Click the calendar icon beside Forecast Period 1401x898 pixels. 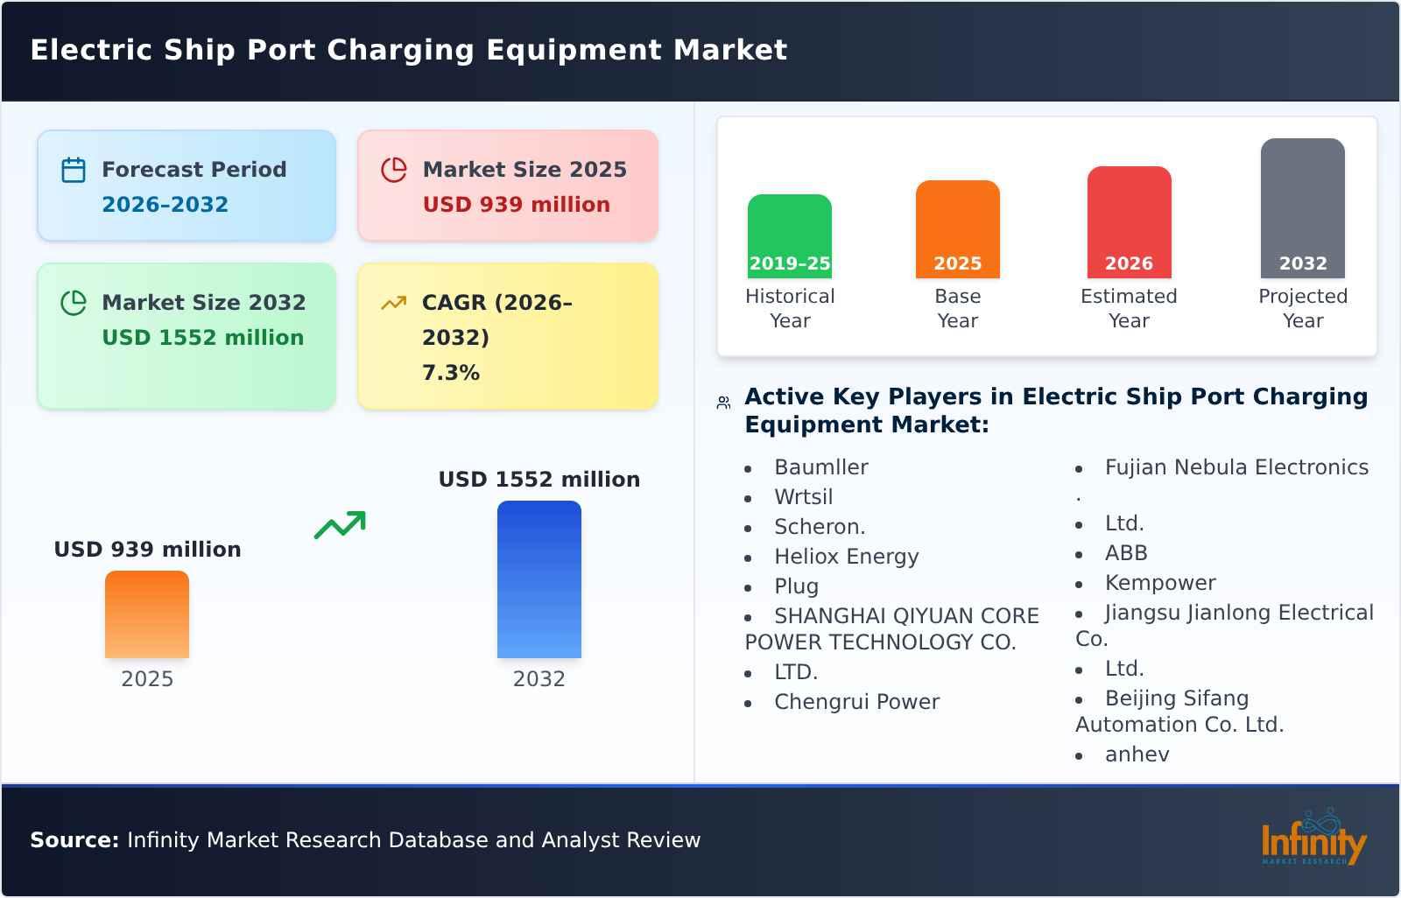[x=74, y=170]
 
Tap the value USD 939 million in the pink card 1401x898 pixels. [x=516, y=205]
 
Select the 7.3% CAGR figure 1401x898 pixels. [x=450, y=373]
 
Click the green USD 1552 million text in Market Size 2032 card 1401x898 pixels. [x=202, y=338]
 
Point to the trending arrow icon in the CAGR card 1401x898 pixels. [x=393, y=303]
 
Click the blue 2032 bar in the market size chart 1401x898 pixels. [x=539, y=579]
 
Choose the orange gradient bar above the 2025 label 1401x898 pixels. [x=147, y=614]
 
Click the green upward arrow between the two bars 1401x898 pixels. [x=340, y=525]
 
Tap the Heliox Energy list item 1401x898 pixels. [x=846, y=557]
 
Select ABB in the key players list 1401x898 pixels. [x=1125, y=553]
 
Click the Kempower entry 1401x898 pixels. [x=1159, y=583]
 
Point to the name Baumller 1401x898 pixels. [x=820, y=467]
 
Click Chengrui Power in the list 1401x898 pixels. [x=856, y=702]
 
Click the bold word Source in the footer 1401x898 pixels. [x=74, y=840]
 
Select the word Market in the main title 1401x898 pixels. [x=729, y=50]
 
